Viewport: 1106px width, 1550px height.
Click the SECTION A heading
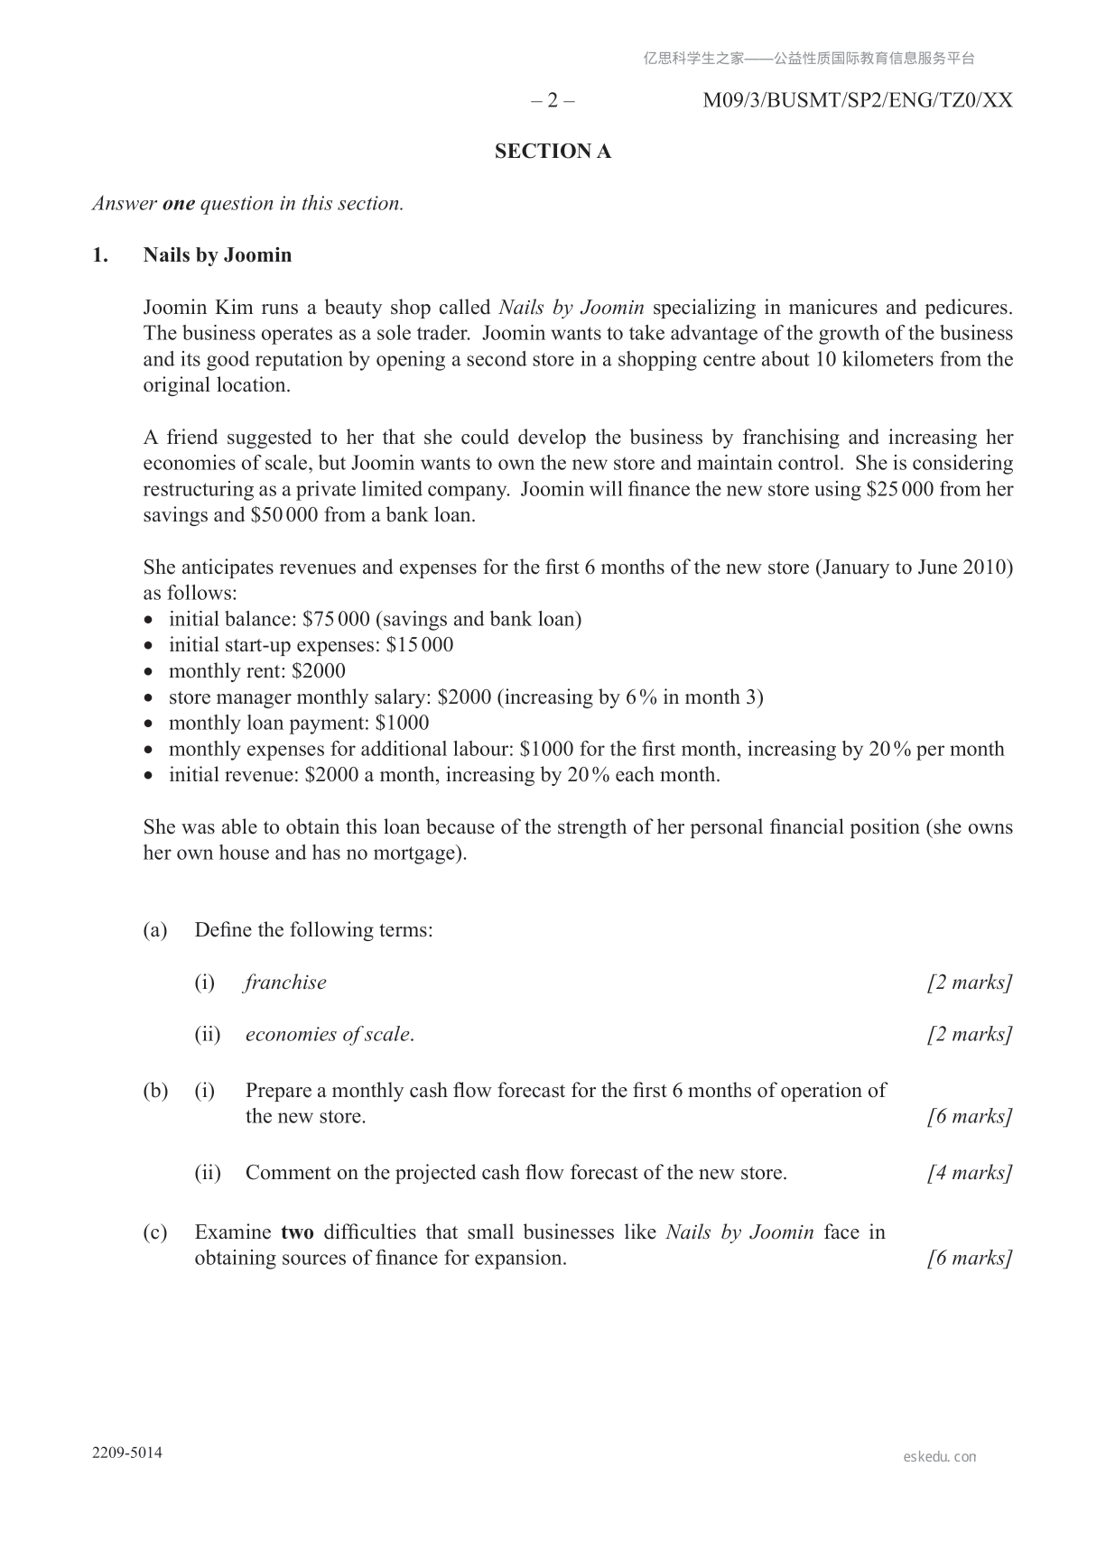tap(553, 152)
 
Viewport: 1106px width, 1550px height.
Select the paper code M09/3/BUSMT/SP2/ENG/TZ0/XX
tap(857, 100)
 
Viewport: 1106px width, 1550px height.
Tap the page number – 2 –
tap(552, 100)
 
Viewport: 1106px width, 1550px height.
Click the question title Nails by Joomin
tap(218, 255)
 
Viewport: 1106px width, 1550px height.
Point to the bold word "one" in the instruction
tap(179, 204)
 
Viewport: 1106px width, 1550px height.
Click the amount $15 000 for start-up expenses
tap(419, 645)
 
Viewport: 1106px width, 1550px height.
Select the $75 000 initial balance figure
tap(336, 619)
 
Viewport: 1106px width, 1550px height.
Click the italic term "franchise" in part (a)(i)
tap(285, 983)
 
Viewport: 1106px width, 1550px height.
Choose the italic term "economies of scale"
tap(330, 1035)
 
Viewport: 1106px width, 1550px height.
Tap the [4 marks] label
tap(969, 1173)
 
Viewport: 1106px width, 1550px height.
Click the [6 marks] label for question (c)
tap(969, 1259)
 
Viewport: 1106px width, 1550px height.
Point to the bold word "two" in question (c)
tap(297, 1232)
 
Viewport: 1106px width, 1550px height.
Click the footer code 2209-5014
tap(127, 1453)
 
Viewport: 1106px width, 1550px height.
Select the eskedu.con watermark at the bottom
tap(939, 1456)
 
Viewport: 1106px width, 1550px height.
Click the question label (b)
tap(155, 1091)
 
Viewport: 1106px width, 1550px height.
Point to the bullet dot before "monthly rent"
tap(150, 672)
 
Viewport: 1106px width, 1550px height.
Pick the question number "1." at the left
tap(100, 255)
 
